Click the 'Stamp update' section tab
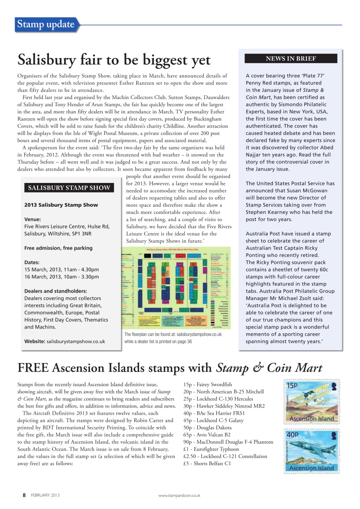coord(46,25)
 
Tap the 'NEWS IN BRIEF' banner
coord(291,58)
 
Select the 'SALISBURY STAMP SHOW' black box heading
coord(69,188)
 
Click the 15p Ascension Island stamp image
coord(311,402)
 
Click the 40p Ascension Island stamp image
coord(311,451)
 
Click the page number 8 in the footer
coord(24,495)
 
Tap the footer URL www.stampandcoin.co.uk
coord(179,495)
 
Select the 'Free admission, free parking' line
coord(58,248)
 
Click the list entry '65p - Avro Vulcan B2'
coord(207,435)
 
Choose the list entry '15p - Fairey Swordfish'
coord(207,385)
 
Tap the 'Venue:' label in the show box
coord(33,219)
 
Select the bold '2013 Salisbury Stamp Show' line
coord(61,205)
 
